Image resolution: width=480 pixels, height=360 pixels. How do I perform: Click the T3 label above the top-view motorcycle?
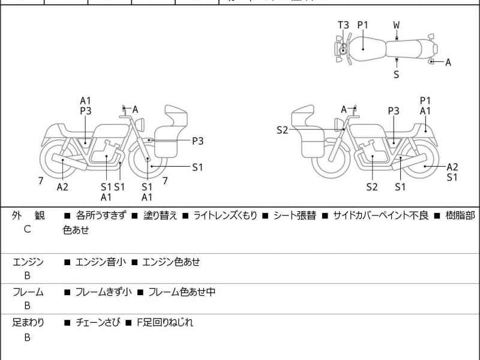(x=343, y=25)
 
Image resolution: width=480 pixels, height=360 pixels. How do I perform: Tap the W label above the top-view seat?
(x=397, y=25)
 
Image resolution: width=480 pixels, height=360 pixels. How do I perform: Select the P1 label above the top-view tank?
(x=363, y=25)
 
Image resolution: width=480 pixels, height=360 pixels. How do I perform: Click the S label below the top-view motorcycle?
(x=397, y=74)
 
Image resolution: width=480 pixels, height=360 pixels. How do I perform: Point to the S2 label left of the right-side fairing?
(x=283, y=130)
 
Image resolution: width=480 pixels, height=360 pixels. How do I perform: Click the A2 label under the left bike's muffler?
(x=62, y=187)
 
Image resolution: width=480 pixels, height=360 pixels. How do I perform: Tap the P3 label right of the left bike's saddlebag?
(x=198, y=141)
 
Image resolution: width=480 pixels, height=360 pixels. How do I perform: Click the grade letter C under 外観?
(x=28, y=229)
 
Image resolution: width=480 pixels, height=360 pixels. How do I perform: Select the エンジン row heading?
(x=28, y=262)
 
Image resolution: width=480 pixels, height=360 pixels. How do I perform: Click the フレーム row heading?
(x=28, y=292)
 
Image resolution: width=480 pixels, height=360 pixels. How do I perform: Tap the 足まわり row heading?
(x=28, y=323)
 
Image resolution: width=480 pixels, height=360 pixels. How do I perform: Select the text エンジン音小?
(x=99, y=262)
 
